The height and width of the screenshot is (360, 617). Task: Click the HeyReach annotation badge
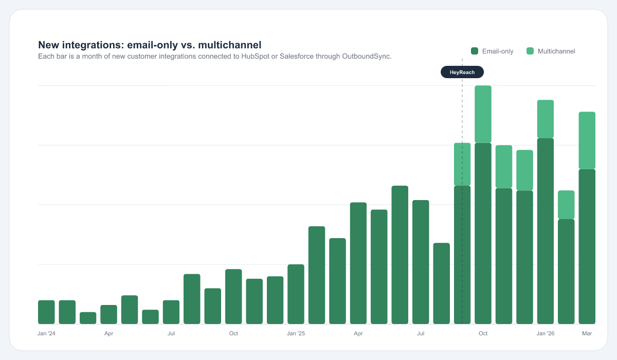point(462,72)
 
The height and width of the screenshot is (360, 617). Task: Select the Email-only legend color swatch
point(475,51)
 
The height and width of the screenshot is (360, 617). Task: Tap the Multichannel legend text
point(556,51)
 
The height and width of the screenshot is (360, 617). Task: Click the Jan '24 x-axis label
point(46,334)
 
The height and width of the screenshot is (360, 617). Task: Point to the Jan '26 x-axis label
point(546,334)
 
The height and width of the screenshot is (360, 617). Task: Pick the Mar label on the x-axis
point(587,334)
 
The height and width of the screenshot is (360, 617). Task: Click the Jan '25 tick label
point(296,334)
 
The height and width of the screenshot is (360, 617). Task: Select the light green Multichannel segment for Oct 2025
point(483,114)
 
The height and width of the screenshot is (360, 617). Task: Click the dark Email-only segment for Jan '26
point(546,231)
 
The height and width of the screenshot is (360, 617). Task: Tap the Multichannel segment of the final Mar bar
point(587,140)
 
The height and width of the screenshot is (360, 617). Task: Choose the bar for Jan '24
point(46,312)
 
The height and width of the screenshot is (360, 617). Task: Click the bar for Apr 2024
point(108,314)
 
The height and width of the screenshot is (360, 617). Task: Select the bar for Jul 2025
point(421,262)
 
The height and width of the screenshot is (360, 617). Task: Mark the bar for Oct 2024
point(233,297)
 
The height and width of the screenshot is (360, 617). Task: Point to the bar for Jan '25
point(296,294)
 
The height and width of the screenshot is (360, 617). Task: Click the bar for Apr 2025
point(358,263)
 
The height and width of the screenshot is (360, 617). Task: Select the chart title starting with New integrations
point(150,45)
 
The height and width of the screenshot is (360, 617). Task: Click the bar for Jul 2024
point(171,312)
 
